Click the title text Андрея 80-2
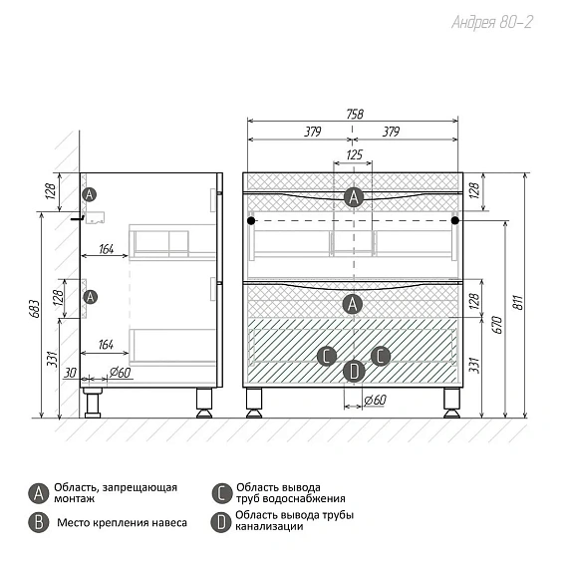point(492,22)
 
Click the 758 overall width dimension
point(355,115)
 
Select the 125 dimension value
point(354,154)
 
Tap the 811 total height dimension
point(518,302)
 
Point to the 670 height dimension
point(497,325)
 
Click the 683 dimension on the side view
point(34,309)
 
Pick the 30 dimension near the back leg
point(70,373)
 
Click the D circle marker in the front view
point(354,371)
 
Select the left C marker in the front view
point(327,356)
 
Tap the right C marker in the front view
point(381,356)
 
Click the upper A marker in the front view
point(354,197)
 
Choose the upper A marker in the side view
point(89,194)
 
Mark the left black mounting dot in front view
point(251,221)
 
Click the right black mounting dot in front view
point(454,221)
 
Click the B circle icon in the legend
point(38,523)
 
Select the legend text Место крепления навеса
point(122,523)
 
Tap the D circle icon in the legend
point(221,522)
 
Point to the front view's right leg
point(451,403)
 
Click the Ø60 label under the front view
point(375,400)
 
